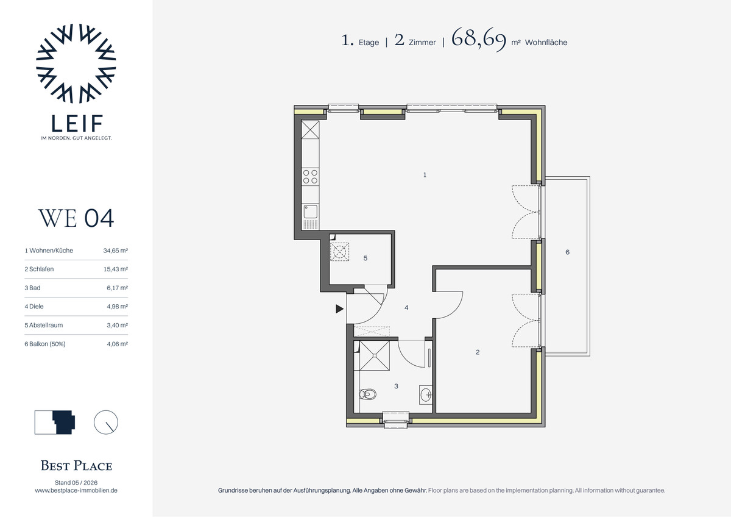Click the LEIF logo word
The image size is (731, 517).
click(77, 123)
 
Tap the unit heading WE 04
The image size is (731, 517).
click(76, 218)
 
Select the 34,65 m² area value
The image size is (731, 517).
click(116, 251)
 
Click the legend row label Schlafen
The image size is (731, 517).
click(41, 269)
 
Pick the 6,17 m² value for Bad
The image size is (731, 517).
click(117, 288)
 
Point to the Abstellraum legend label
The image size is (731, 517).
click(46, 325)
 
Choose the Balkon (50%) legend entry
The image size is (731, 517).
click(48, 344)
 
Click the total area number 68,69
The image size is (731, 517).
click(479, 39)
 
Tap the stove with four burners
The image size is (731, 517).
click(310, 177)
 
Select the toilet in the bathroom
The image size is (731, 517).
click(367, 394)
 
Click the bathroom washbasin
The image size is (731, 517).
click(426, 394)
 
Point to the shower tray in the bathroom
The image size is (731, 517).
click(375, 355)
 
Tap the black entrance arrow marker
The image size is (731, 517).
click(339, 308)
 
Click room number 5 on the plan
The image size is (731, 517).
click(365, 258)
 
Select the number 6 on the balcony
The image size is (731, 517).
click(568, 252)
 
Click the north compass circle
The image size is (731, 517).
click(106, 423)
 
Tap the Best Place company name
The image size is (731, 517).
click(76, 466)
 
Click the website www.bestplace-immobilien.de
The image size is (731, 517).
click(76, 490)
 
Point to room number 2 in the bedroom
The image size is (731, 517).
click(478, 352)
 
